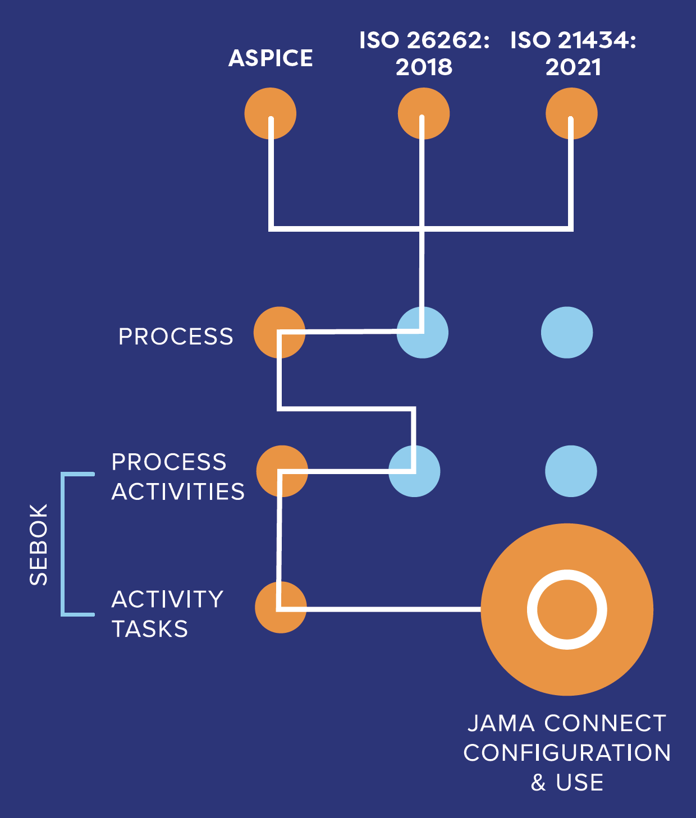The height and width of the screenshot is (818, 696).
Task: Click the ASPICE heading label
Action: (271, 58)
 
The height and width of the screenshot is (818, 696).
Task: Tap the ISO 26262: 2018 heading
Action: (424, 54)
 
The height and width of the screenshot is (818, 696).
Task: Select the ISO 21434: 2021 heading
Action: (573, 54)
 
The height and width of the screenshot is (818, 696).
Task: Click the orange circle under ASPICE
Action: (270, 113)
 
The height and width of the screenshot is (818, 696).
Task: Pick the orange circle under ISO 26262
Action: (424, 113)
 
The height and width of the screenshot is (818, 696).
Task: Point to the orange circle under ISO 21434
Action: (571, 113)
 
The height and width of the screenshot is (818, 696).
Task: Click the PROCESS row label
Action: (176, 337)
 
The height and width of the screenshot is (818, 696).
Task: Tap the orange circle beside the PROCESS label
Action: (279, 332)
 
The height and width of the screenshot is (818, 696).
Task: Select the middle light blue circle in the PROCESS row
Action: (423, 332)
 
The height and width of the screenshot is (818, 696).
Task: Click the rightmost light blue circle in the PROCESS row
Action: (567, 332)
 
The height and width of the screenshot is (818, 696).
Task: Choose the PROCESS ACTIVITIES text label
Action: (178, 477)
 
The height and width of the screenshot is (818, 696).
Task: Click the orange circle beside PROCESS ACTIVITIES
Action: (282, 471)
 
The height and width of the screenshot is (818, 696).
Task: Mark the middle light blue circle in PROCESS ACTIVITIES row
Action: (414, 471)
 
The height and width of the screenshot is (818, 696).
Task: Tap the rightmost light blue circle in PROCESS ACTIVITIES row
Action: (571, 471)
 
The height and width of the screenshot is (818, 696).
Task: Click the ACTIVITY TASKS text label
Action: (167, 614)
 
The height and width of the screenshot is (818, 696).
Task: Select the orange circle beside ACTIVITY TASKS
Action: (281, 607)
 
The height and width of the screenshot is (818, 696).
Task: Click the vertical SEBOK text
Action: (39, 544)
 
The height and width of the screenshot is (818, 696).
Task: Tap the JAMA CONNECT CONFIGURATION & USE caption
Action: (567, 752)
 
